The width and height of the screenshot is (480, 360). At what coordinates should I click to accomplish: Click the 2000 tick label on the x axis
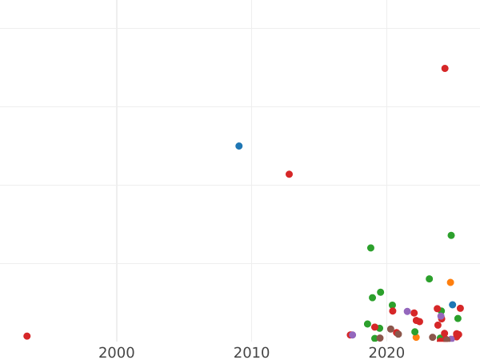tap(117, 353)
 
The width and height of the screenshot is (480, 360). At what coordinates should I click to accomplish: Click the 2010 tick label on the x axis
tap(251, 353)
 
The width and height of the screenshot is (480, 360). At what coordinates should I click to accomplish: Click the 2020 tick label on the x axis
tap(386, 353)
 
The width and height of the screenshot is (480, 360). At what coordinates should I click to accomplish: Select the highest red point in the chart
tap(445, 69)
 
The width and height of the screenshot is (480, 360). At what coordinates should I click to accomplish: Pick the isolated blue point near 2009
tap(239, 146)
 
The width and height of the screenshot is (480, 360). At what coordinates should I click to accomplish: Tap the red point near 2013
tap(290, 174)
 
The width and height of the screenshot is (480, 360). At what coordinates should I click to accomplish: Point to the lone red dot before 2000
tap(27, 336)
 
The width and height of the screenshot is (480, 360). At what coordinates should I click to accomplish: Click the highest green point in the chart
tap(451, 235)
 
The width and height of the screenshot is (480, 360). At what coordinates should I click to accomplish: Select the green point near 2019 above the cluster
tap(370, 248)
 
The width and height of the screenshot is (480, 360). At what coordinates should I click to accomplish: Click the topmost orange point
tap(450, 282)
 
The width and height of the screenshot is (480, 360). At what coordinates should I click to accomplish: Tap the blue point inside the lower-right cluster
tap(452, 305)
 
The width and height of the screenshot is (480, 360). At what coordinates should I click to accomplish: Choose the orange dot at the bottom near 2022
tap(416, 338)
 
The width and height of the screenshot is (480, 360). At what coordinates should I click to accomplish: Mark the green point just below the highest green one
tap(430, 279)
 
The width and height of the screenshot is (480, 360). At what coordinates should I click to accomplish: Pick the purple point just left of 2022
tap(407, 312)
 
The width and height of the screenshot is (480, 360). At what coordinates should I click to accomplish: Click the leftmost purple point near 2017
tap(353, 335)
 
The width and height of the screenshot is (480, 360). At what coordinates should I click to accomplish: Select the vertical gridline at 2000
tap(117, 160)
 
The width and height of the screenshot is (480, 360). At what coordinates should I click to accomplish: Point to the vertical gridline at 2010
tap(251, 160)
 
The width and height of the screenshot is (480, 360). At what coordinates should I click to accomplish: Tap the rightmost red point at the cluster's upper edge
tap(460, 309)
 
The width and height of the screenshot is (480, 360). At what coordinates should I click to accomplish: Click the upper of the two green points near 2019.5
tap(381, 292)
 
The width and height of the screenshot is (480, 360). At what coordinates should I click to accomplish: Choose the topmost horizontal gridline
tap(240, 29)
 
